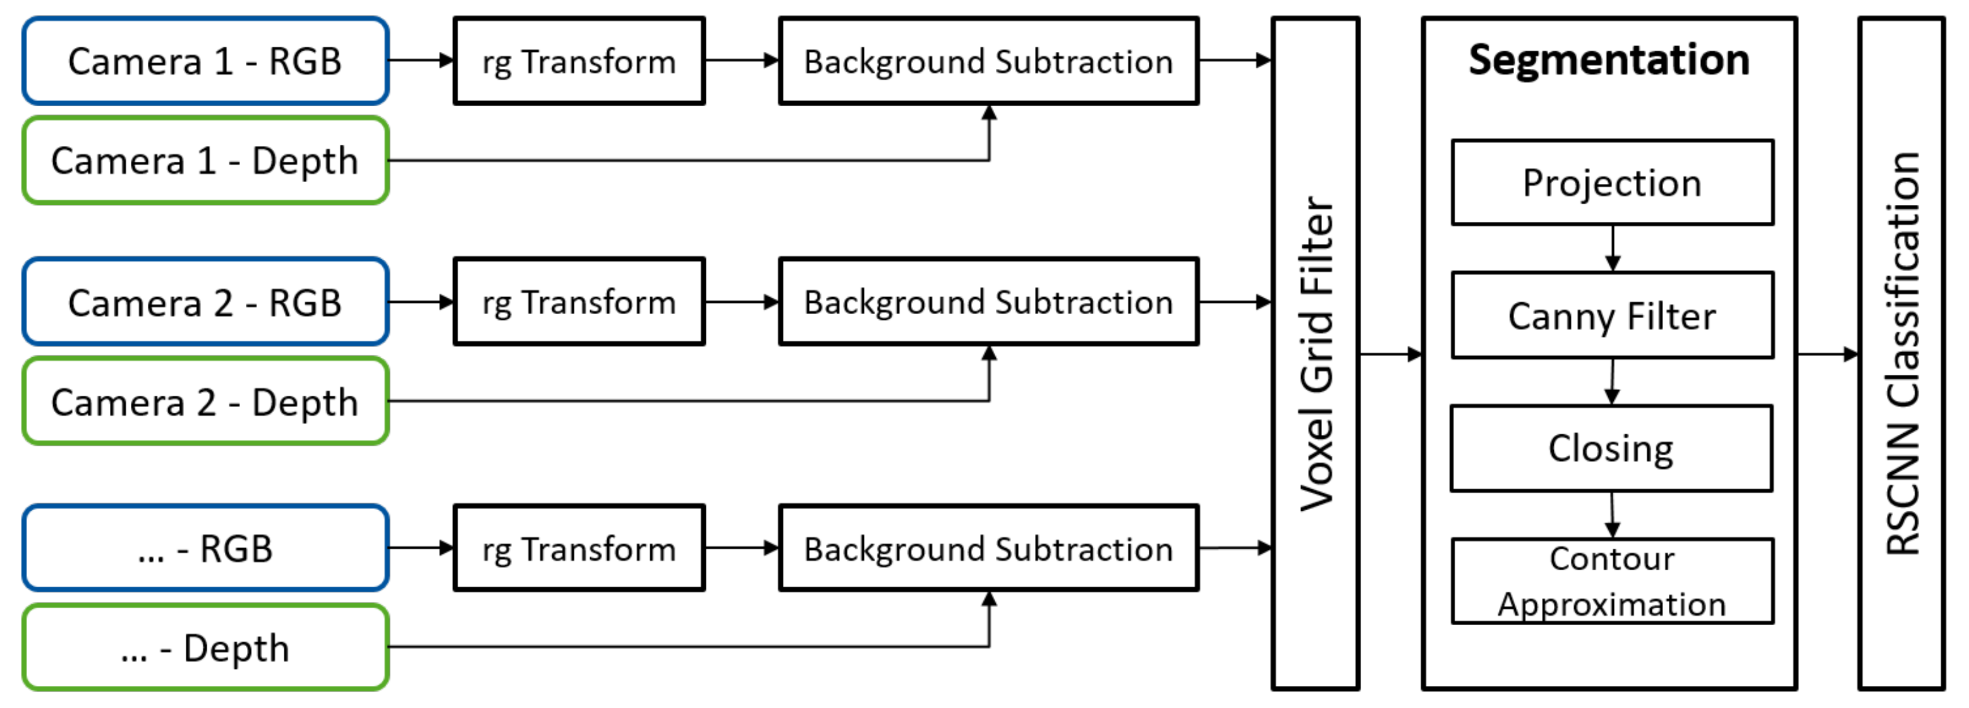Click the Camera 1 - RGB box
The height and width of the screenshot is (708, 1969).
click(x=205, y=61)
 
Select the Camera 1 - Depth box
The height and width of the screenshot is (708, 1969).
click(x=205, y=161)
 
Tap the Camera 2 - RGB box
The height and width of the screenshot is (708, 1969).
click(x=205, y=302)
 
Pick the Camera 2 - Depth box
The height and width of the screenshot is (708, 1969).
click(x=205, y=401)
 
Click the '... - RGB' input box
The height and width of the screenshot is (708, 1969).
click(x=205, y=548)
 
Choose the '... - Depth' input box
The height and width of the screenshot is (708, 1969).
click(x=205, y=647)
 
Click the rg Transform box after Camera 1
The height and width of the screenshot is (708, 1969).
click(x=579, y=61)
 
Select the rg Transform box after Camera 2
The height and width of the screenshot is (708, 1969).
click(x=579, y=302)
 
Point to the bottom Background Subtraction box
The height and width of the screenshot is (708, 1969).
click(x=988, y=548)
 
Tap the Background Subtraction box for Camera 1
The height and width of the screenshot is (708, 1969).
click(x=988, y=61)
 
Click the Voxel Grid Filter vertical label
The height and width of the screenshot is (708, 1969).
click(x=1316, y=353)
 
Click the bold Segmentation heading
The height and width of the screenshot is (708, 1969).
click(x=1609, y=59)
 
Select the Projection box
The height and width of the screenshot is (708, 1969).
click(x=1612, y=183)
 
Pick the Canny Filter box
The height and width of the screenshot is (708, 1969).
click(x=1612, y=315)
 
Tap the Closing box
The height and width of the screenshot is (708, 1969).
click(x=1611, y=448)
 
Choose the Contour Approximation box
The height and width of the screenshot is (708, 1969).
click(x=1612, y=581)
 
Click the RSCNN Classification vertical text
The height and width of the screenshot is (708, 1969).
click(x=1902, y=353)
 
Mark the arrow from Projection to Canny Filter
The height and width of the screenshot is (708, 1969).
click(x=1613, y=248)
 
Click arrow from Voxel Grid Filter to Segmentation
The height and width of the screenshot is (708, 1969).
click(x=1390, y=354)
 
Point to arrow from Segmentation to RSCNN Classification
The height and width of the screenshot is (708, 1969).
click(x=1827, y=354)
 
